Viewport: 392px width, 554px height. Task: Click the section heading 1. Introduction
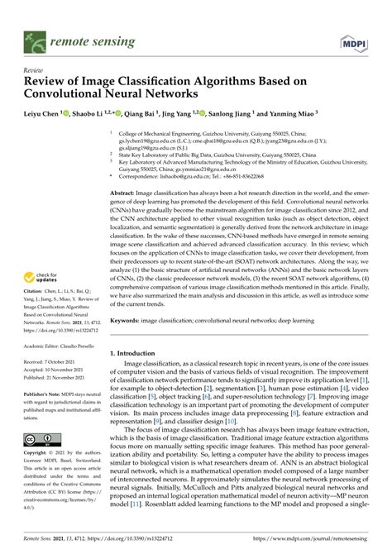point(138,353)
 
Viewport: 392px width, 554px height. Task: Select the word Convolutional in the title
point(73,95)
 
